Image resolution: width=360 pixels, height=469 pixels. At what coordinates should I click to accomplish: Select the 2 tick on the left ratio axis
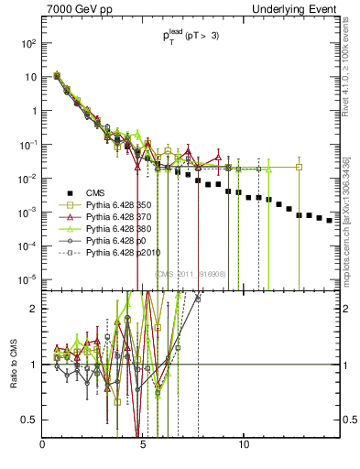pyautogui.click(x=36, y=308)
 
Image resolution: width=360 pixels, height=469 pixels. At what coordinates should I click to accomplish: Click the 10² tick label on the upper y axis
pyautogui.click(x=28, y=43)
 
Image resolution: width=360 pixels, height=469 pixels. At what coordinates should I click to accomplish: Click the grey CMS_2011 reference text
pyautogui.click(x=187, y=273)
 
